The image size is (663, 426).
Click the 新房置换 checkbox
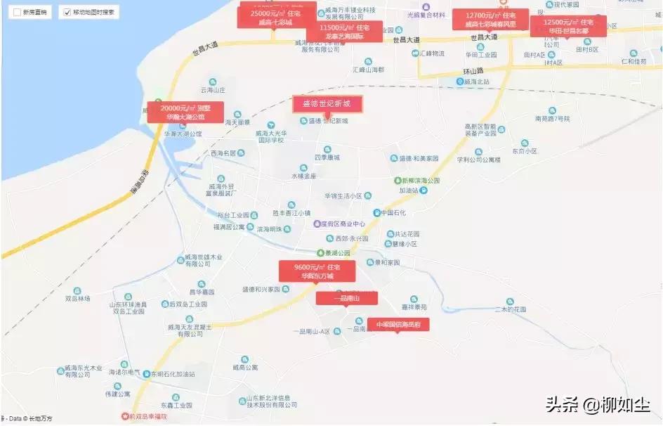[17, 13]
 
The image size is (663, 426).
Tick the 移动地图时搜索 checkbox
[67, 13]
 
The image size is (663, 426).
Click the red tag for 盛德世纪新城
[327, 104]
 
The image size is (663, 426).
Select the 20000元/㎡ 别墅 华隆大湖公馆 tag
[185, 112]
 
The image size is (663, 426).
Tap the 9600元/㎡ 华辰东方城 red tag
[317, 271]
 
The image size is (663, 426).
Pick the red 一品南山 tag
[346, 299]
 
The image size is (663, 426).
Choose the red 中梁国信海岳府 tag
[398, 325]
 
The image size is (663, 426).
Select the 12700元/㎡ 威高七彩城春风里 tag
[490, 19]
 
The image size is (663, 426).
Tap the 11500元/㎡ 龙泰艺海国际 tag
[343, 32]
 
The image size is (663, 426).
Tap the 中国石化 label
[393, 212]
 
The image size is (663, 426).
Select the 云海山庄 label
[213, 90]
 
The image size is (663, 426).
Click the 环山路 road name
[475, 72]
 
